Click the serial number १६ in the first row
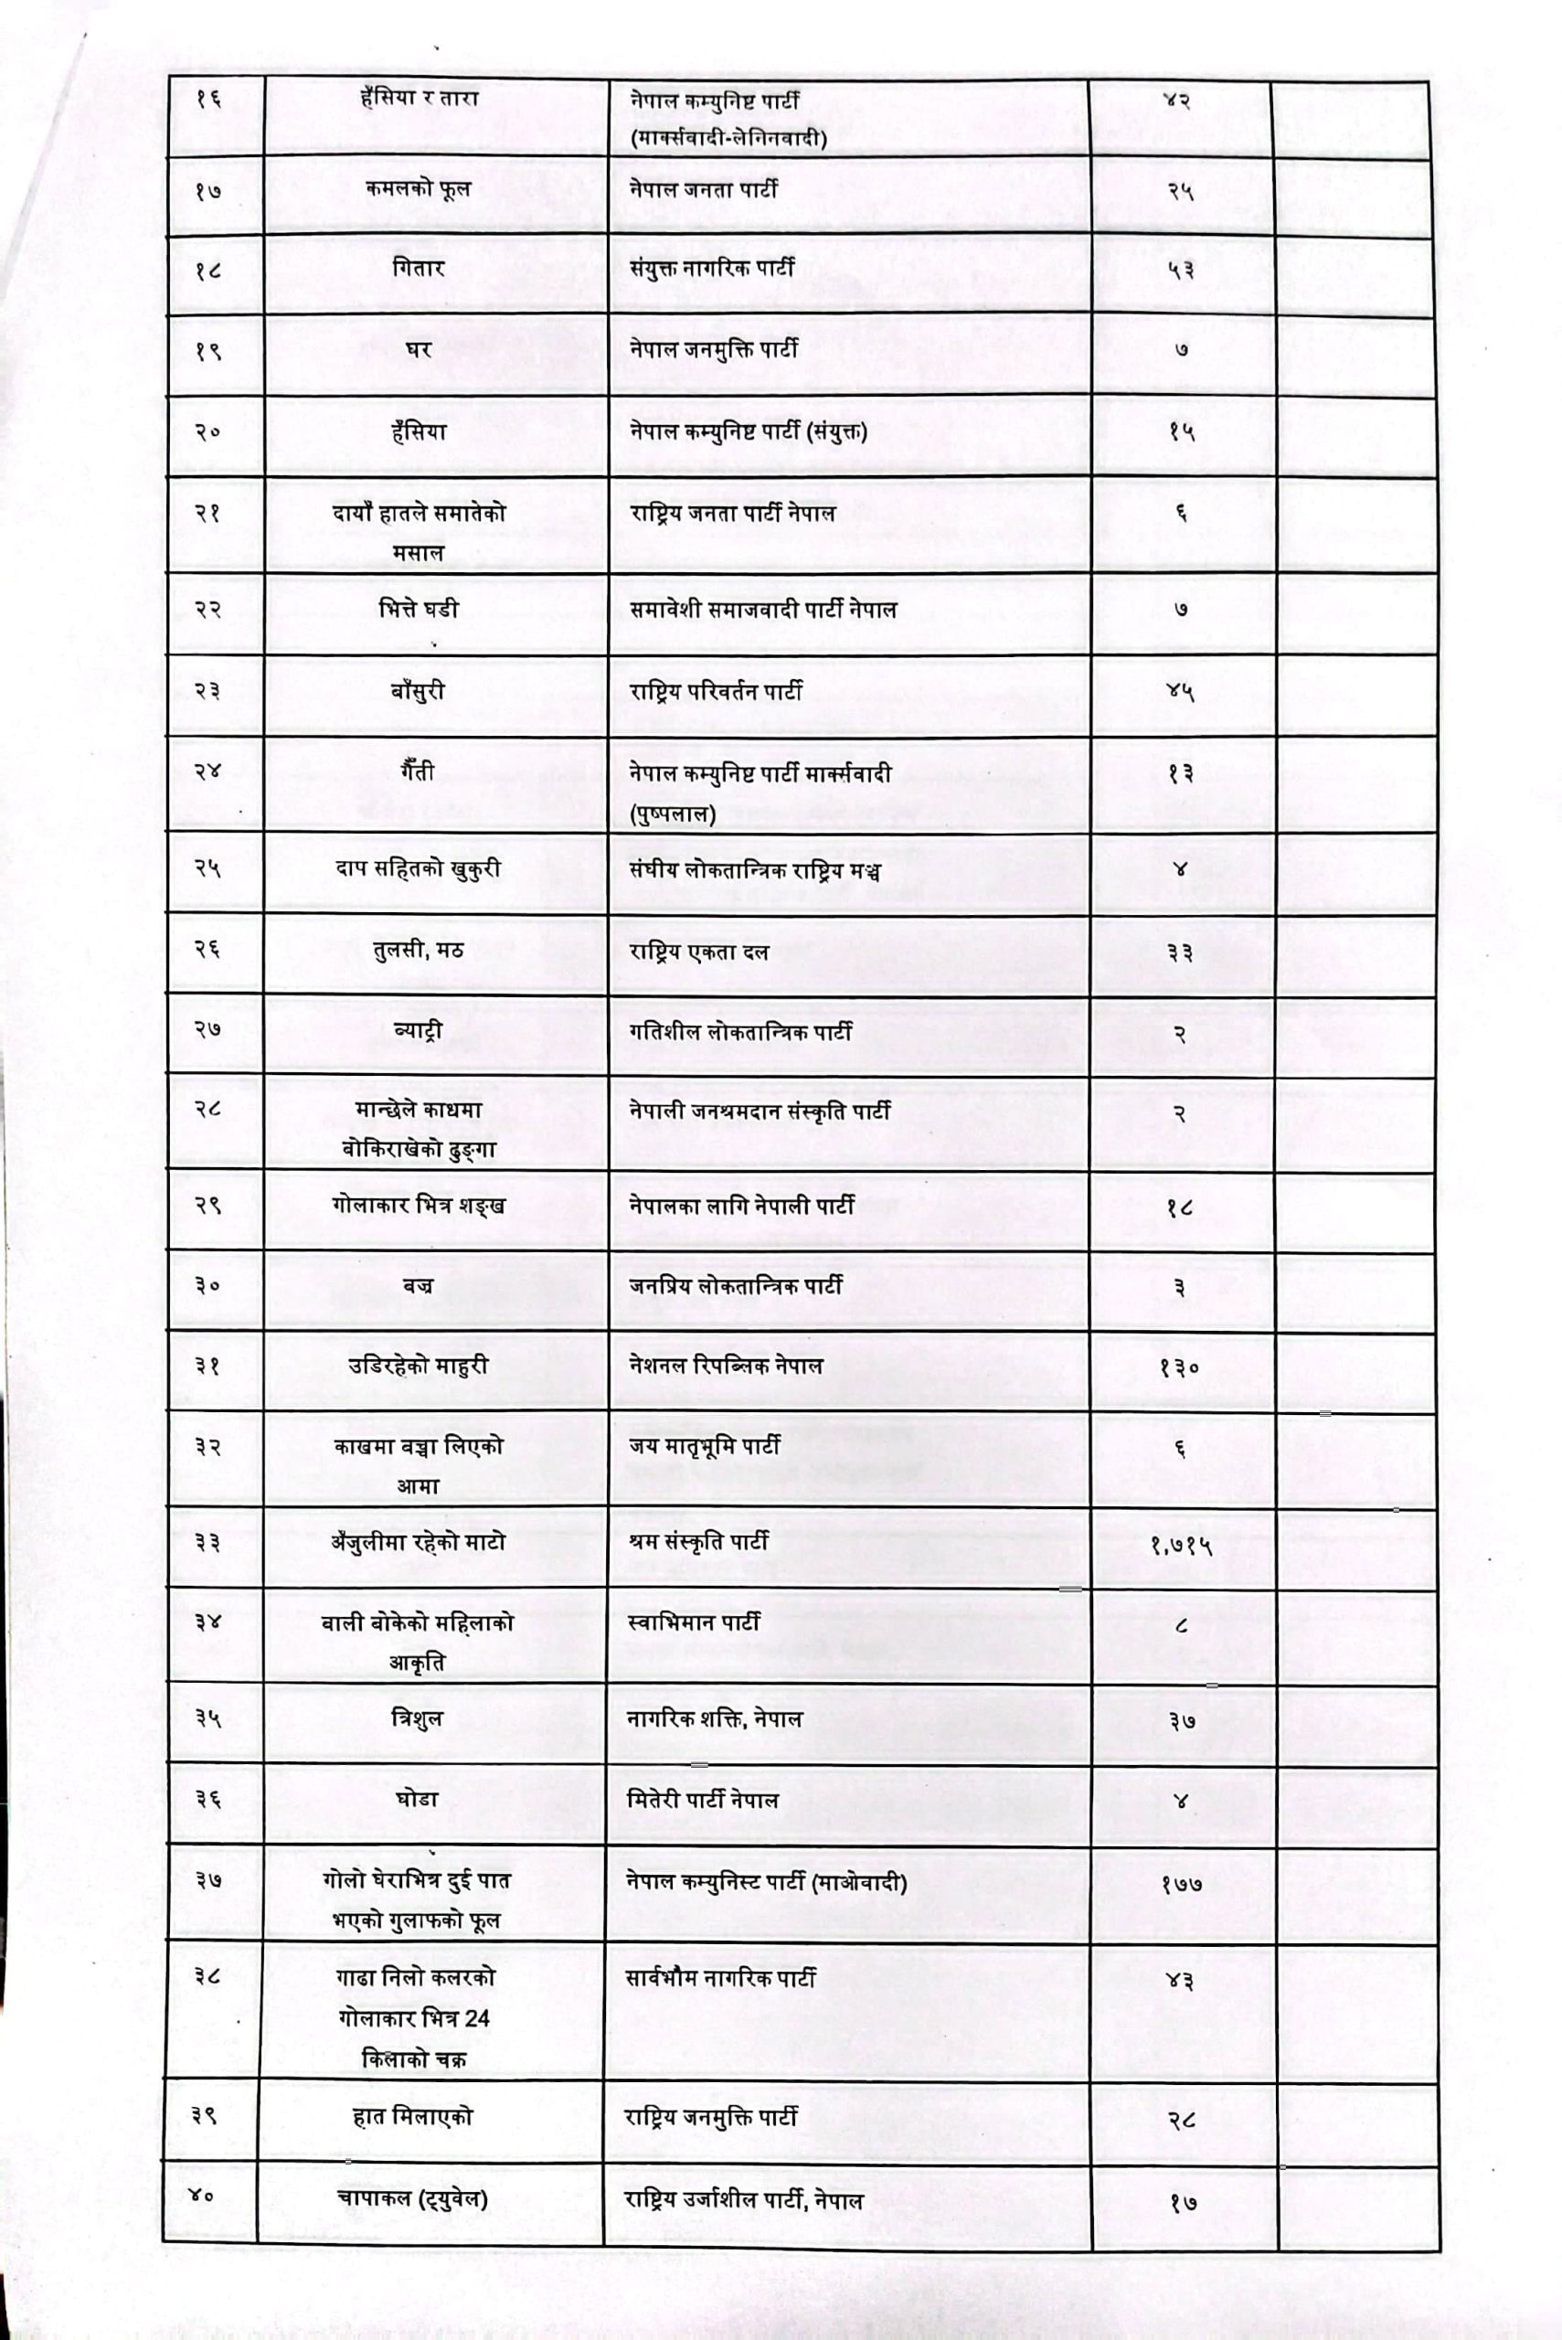(x=208, y=100)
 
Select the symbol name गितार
(x=418, y=269)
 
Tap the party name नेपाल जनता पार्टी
(x=703, y=189)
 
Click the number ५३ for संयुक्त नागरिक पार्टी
(x=1181, y=271)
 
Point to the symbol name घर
(x=418, y=351)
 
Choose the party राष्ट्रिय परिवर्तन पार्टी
(x=716, y=691)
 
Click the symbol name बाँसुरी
(x=418, y=691)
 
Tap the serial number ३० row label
(x=207, y=1286)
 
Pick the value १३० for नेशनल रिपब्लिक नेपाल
(x=1179, y=1368)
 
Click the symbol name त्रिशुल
(x=418, y=1718)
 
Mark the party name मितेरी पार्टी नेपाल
(x=702, y=1800)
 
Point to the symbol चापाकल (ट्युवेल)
(x=412, y=2198)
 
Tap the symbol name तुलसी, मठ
(x=418, y=951)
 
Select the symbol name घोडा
(x=418, y=1800)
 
